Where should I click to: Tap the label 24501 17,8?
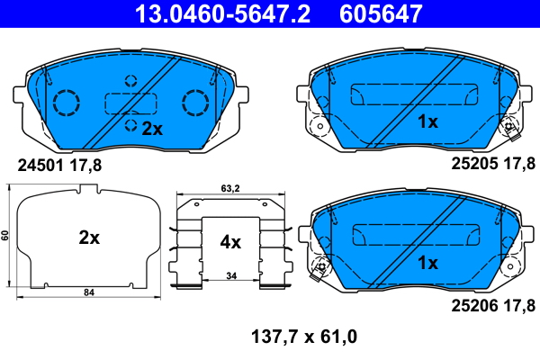pos(60,164)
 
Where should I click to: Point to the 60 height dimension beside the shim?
pos(5,236)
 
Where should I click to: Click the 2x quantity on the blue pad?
pos(152,129)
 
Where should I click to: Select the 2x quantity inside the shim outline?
pos(88,238)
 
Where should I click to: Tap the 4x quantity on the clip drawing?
pos(231,241)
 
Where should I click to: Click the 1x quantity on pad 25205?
pos(427,121)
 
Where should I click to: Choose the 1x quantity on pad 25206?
pos(427,263)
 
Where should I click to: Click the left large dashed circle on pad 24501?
pos(66,103)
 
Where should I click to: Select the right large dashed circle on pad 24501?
pos(195,103)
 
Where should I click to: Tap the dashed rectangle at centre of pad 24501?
pos(130,103)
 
